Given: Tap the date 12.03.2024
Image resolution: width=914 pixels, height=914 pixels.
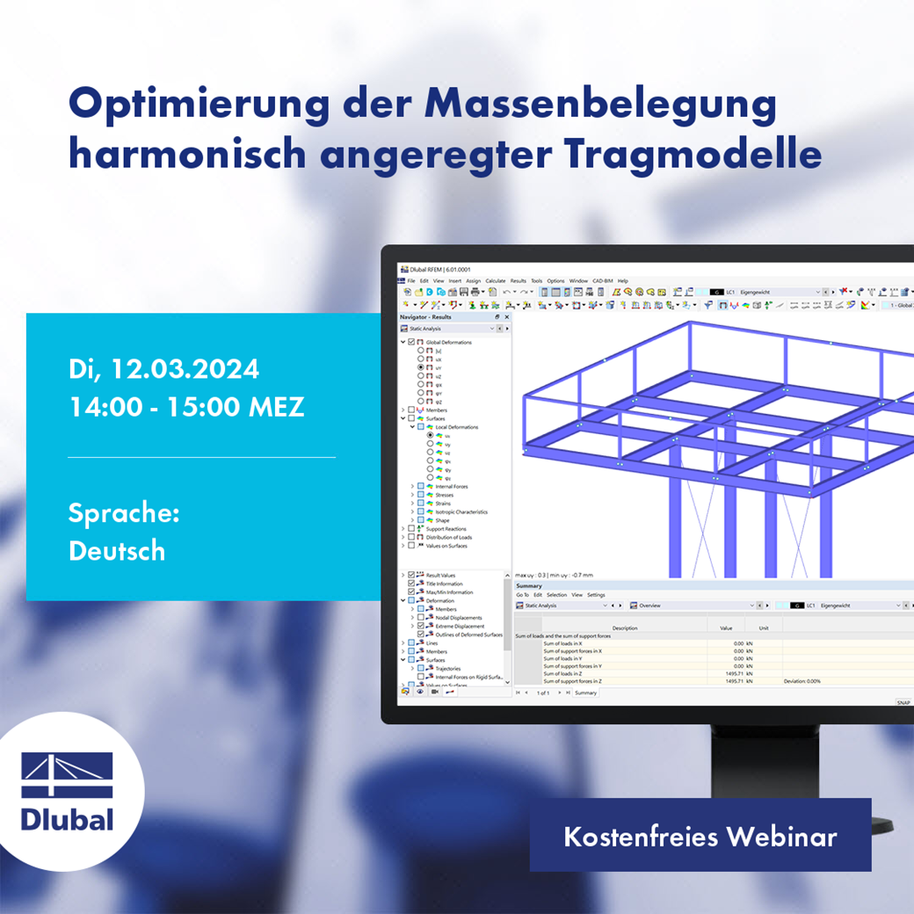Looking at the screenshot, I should point(185,368).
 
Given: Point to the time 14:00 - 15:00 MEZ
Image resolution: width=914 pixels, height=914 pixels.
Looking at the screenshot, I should point(186,407).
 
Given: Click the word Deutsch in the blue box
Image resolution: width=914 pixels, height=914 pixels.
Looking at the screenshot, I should point(117,551).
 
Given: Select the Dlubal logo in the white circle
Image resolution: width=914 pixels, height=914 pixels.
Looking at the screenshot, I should point(68,791).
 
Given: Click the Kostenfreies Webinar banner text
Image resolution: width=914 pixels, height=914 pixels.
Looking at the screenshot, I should point(700,836).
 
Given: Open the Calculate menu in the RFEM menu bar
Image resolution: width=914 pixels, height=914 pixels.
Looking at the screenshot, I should point(496,280).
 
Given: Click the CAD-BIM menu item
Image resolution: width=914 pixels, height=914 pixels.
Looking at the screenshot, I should point(603,280).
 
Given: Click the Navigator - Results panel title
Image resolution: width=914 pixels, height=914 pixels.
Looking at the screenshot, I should point(425,316).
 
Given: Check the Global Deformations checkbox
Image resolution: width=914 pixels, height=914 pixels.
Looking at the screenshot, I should point(412,342).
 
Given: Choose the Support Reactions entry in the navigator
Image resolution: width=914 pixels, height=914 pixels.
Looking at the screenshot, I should point(446,528).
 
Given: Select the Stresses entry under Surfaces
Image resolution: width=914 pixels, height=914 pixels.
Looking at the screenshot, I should point(445,495).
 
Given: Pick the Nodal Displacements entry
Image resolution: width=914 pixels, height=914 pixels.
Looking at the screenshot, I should point(459,618).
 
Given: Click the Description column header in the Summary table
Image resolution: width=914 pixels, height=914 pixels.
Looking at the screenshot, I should point(625,628).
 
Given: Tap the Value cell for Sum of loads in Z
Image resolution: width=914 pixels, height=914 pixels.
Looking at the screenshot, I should point(734,673).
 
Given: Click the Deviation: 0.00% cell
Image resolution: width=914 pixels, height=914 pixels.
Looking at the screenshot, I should point(802,681).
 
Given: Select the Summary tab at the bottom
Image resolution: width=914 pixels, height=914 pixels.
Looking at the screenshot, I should point(585,693).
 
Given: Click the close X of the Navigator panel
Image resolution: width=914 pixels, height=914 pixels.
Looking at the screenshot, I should point(506,316).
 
